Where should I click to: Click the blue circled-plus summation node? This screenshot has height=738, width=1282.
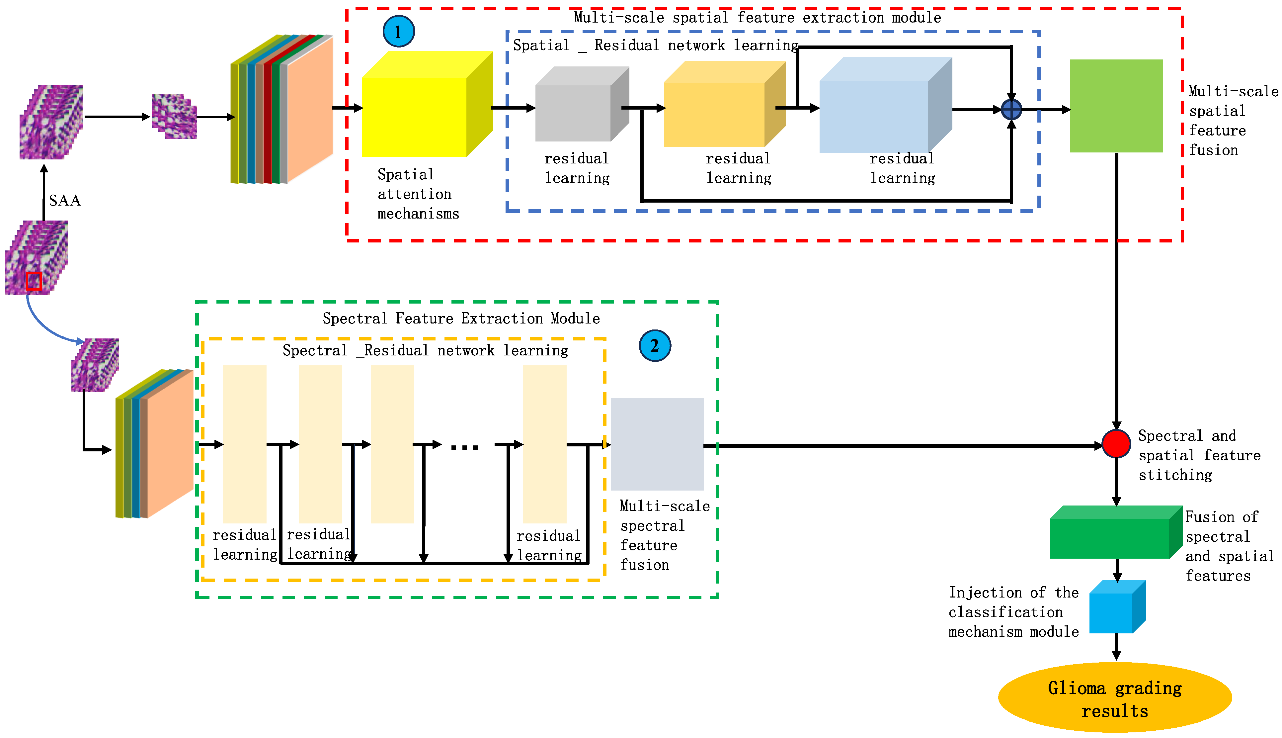point(1011,110)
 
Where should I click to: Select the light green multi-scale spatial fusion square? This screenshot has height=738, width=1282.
point(1116,106)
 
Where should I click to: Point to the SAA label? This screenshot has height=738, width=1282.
point(64,201)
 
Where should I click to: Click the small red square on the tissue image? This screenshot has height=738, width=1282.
point(34,281)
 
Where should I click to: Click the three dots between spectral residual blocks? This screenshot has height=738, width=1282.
point(464,447)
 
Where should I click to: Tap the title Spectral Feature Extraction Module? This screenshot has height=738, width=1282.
point(461,318)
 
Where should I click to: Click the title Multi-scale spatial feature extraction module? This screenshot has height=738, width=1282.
point(757,18)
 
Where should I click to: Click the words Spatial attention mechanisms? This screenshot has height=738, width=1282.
point(418,194)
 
